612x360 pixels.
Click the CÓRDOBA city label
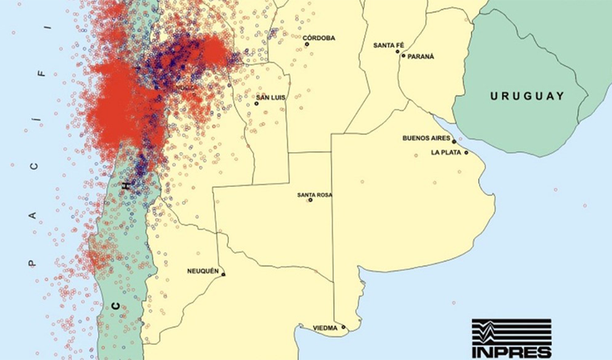319,38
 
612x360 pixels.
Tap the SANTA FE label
388,46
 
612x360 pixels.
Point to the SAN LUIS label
270,98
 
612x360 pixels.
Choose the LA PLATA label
445,152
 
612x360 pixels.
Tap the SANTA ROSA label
314,195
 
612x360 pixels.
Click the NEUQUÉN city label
203,271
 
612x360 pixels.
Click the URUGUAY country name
527,96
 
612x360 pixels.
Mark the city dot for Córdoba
306,43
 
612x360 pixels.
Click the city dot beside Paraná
403,56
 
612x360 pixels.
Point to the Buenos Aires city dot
454,141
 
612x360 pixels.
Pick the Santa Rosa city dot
310,201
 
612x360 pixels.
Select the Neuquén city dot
223,275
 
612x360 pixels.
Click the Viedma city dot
344,327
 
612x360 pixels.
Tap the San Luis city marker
256,103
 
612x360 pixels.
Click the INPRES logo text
511,350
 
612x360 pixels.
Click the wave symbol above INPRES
511,331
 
